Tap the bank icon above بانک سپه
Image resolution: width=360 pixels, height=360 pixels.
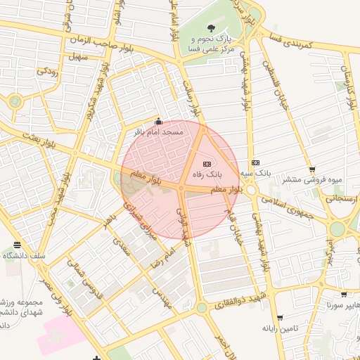coord(255,162)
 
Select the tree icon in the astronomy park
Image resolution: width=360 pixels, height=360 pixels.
coord(212,27)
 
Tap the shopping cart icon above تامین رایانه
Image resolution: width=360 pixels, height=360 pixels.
coord(280,318)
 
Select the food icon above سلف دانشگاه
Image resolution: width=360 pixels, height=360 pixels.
coord(16,245)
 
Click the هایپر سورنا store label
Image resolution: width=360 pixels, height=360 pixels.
coord(341,305)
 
